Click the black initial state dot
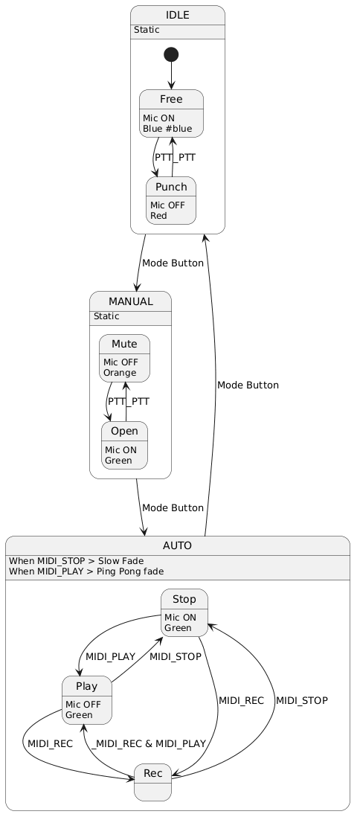[x=171, y=54]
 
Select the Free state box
[x=171, y=114]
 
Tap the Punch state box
[x=171, y=200]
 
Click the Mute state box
[x=125, y=358]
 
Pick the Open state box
[x=124, y=446]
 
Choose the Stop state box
[x=184, y=613]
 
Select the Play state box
[x=87, y=700]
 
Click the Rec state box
[x=152, y=782]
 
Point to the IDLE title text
[x=178, y=15]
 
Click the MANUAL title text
[x=131, y=301]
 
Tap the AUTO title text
[x=178, y=546]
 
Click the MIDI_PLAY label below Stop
[x=111, y=656]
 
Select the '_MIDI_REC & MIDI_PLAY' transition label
[x=149, y=743]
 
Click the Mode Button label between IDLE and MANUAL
[x=173, y=263]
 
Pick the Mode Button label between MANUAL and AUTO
[x=173, y=507]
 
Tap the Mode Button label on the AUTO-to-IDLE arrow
[x=248, y=385]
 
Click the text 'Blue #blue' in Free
[x=167, y=129]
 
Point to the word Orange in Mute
[x=120, y=373]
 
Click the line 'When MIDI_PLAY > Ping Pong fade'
[x=86, y=571]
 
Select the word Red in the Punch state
[x=159, y=216]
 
